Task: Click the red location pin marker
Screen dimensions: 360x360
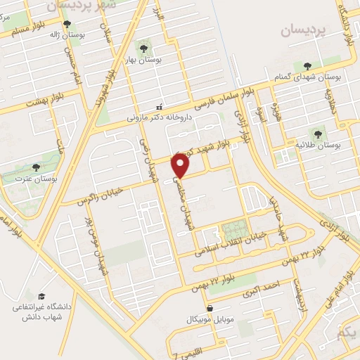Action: (181, 165)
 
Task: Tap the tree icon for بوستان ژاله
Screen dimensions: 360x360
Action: (67, 24)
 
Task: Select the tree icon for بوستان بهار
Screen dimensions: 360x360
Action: (143, 49)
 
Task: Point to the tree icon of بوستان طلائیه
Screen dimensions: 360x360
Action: (318, 132)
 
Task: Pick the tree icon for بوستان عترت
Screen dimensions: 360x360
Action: (37, 167)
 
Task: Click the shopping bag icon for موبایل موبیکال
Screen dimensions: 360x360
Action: (210, 308)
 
